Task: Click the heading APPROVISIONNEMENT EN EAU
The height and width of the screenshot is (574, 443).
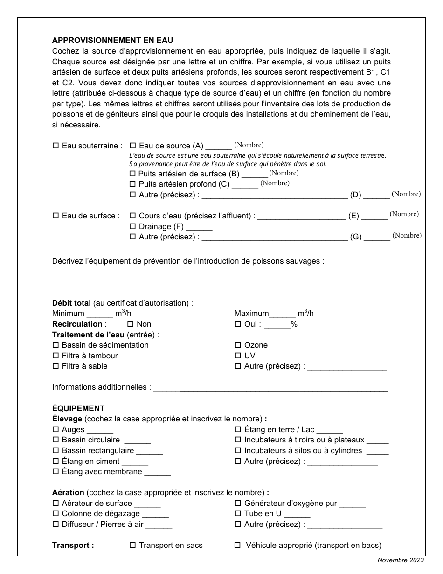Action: pos(112,41)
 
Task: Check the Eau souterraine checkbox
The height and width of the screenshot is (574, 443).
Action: pos(56,146)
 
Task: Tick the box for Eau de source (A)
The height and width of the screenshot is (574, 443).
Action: pos(132,146)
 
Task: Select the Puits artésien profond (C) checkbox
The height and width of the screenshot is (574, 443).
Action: pos(132,184)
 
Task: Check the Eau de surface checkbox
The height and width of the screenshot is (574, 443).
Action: pos(56,216)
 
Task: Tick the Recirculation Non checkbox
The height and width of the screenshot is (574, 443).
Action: pos(131,324)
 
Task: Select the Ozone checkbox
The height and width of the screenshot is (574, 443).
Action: pos(238,345)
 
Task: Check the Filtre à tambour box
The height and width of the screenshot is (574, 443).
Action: pos(56,356)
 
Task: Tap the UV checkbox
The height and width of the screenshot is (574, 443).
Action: pos(238,356)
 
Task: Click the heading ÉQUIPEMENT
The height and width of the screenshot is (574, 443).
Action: pos(78,408)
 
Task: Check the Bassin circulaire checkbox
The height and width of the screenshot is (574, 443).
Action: pos(56,440)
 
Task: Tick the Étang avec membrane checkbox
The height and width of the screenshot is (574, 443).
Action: pos(56,472)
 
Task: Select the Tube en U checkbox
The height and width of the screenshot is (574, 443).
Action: pos(238,514)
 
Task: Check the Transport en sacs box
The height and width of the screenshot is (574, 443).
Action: pos(132,545)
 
